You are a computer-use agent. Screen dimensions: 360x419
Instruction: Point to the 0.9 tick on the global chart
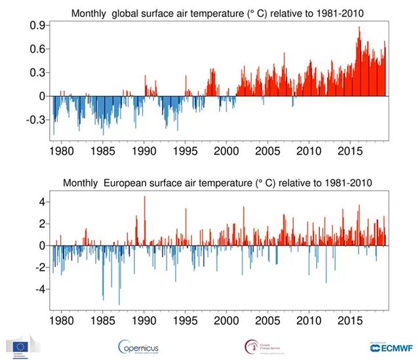click(36, 26)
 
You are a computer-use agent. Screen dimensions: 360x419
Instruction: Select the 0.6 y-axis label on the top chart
click(36, 49)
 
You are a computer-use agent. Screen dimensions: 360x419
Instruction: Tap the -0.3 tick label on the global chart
click(34, 120)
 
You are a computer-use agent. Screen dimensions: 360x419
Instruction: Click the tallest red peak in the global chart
click(359, 28)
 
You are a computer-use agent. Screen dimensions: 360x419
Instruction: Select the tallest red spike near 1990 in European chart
click(145, 197)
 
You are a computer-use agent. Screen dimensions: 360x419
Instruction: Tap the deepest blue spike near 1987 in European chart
click(119, 304)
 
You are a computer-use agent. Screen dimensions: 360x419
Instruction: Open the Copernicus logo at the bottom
click(138, 346)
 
